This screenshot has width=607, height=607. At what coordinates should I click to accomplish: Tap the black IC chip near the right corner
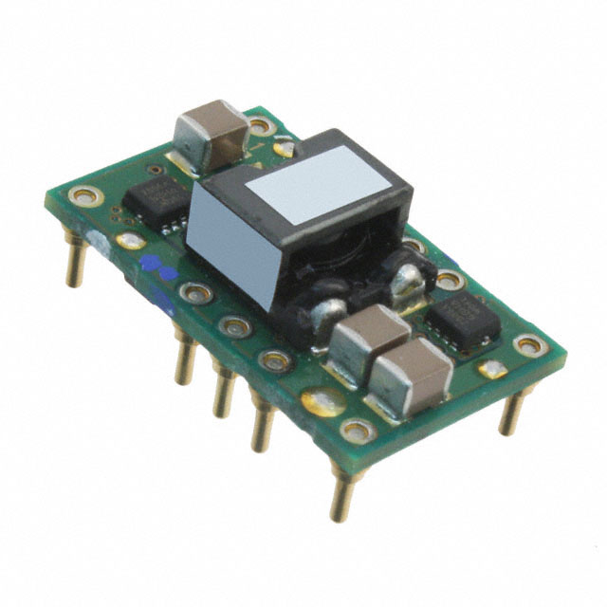[x=462, y=318]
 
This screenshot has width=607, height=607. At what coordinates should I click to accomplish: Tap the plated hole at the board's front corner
[x=358, y=432]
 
